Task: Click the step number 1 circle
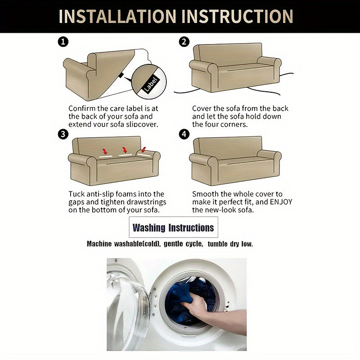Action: pyautogui.click(x=63, y=42)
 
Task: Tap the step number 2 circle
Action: pyautogui.click(x=184, y=42)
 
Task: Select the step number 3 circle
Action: pyautogui.click(x=63, y=134)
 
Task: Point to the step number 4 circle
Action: pyautogui.click(x=184, y=134)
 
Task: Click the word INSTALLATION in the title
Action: pyautogui.click(x=117, y=16)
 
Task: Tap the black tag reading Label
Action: pyautogui.click(x=151, y=84)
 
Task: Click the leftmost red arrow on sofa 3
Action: pyautogui.click(x=105, y=151)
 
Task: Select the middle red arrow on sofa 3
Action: pyautogui.click(x=125, y=150)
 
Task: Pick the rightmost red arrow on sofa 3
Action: pyautogui.click(x=144, y=150)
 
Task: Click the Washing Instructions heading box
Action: pyautogui.click(x=173, y=227)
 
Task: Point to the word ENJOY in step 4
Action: pyautogui.click(x=281, y=202)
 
